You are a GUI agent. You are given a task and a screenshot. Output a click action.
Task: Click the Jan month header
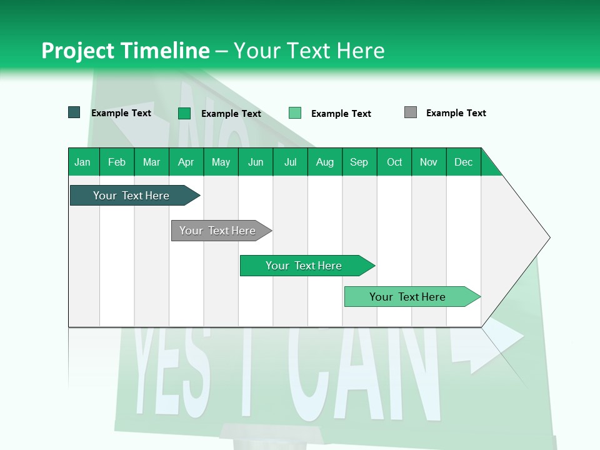[83, 162]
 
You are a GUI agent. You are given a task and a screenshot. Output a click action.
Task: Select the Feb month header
[117, 162]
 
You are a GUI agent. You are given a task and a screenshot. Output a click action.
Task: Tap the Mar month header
[151, 162]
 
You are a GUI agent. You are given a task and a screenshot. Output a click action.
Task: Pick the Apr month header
[186, 162]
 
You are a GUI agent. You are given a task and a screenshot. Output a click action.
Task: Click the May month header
[221, 162]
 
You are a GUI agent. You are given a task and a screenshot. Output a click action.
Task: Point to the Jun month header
[256, 162]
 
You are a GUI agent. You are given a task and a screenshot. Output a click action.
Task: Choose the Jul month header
[290, 162]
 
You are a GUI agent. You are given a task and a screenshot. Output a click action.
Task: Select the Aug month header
[325, 162]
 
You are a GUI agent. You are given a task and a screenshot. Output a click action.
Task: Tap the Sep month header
[359, 162]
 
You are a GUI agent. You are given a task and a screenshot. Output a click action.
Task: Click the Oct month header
[394, 162]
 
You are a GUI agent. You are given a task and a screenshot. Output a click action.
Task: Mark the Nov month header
[429, 162]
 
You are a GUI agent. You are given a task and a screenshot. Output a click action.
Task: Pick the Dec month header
[464, 162]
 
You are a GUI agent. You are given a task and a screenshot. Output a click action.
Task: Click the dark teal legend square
[74, 112]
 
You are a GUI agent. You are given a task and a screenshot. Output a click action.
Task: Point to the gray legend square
[411, 112]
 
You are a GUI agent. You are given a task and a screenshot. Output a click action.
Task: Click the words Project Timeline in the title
[126, 51]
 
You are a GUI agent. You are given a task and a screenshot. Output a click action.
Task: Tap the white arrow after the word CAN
[494, 347]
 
